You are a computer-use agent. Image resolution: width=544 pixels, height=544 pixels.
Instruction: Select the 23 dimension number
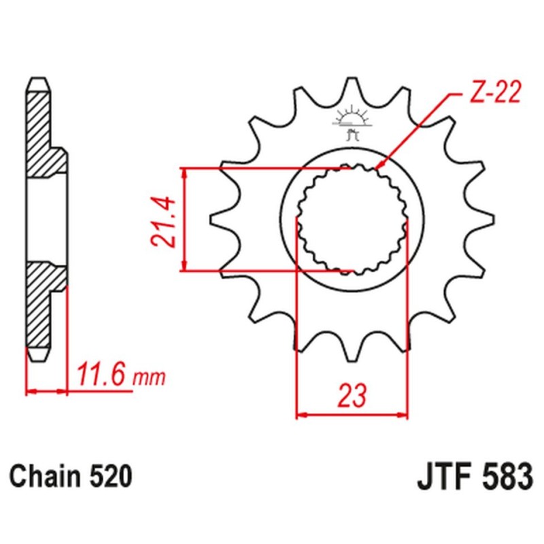352,394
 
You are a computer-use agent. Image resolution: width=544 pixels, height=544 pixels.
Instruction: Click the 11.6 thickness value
101,375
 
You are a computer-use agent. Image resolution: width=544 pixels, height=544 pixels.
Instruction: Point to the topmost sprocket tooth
352,88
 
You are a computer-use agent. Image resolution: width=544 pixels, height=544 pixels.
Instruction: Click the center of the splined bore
352,220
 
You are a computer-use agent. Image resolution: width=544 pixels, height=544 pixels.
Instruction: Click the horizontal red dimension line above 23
352,413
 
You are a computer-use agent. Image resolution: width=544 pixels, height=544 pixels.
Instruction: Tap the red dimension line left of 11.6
47,391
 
